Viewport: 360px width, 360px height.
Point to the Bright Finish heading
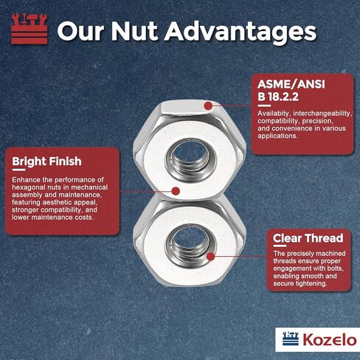coord(47,161)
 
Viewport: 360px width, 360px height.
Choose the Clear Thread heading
coord(308,238)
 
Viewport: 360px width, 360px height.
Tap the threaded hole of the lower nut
coord(181,244)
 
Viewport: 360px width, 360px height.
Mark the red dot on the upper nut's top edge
coord(208,106)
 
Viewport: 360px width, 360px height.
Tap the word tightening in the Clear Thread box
coord(314,288)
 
